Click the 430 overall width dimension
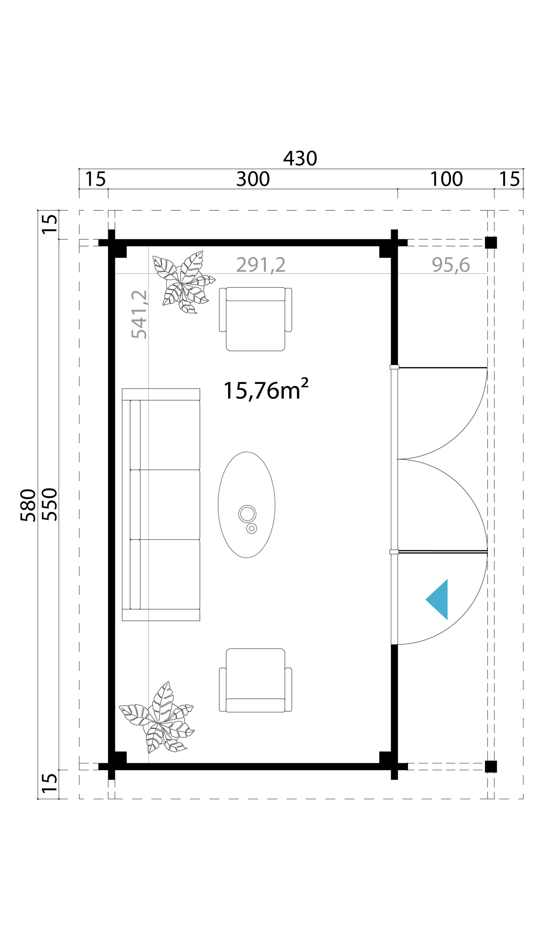pyautogui.click(x=300, y=158)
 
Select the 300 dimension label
pyautogui.click(x=253, y=179)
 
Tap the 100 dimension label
pyautogui.click(x=446, y=179)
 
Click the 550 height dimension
pyautogui.click(x=49, y=504)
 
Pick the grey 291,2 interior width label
pyautogui.click(x=261, y=265)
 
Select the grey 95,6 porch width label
pyautogui.click(x=451, y=265)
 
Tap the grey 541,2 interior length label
pyautogui.click(x=140, y=315)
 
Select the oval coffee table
pyautogui.click(x=246, y=505)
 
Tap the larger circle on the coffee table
pyautogui.click(x=247, y=514)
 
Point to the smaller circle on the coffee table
pyautogui.click(x=252, y=528)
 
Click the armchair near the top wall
pyautogui.click(x=255, y=319)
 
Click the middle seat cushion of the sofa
pyautogui.click(x=170, y=504)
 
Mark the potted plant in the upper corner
pyautogui.click(x=184, y=282)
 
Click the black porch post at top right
pyautogui.click(x=491, y=242)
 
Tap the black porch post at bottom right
pyautogui.click(x=491, y=767)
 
